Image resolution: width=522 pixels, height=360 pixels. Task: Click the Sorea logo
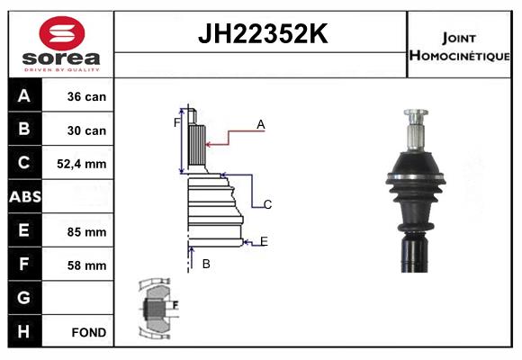pos(60,43)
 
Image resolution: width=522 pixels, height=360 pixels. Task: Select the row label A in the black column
pos(24,96)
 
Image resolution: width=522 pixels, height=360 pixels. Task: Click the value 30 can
pos(86,130)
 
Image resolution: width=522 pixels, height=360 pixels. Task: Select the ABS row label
pos(24,197)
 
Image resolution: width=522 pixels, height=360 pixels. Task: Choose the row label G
pos(24,298)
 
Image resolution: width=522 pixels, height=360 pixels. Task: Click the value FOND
pos(89,332)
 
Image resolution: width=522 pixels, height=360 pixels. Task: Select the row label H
pos(24,331)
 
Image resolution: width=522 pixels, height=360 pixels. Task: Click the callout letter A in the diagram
pos(260,125)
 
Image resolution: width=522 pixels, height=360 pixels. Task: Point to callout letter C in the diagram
pos(267,205)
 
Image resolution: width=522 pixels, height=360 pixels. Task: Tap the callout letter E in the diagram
pos(264,240)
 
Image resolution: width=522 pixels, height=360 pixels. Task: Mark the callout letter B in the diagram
pos(206,264)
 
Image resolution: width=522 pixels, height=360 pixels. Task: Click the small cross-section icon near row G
pos(157,307)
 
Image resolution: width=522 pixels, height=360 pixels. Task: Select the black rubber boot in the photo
pos(415,189)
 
